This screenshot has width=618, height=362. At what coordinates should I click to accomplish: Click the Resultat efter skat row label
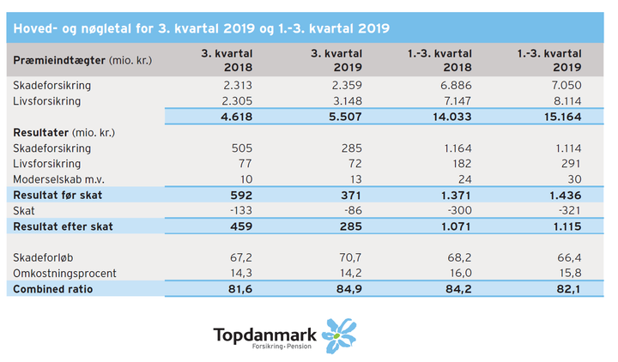point(64,226)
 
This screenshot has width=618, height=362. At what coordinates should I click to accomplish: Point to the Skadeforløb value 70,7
point(349,257)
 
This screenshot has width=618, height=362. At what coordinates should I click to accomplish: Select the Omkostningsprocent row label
point(65,273)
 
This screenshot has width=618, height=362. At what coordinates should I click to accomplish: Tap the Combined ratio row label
point(53,289)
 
